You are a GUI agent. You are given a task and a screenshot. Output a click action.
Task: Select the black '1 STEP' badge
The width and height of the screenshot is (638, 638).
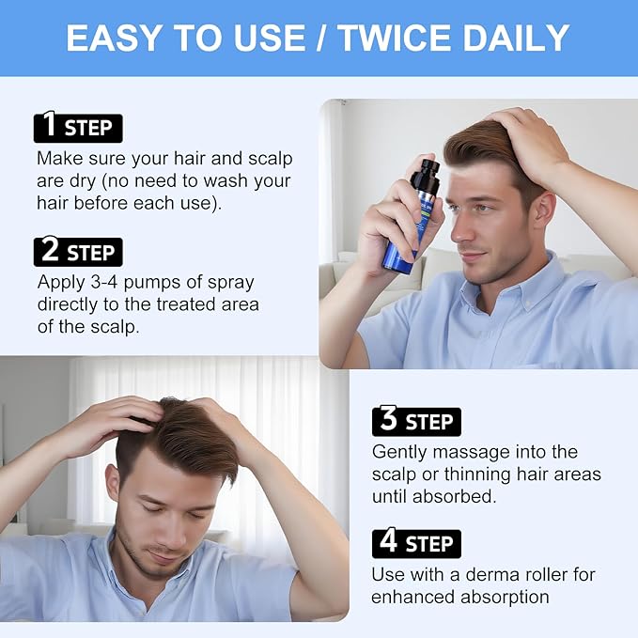[x=78, y=128]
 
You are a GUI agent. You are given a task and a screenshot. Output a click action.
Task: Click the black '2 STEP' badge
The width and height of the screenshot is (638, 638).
[x=78, y=252]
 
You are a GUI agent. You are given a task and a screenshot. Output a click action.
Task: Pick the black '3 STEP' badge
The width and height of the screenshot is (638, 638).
[x=416, y=421]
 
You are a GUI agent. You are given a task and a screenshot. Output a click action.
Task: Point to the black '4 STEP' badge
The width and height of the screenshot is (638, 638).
[x=416, y=543]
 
